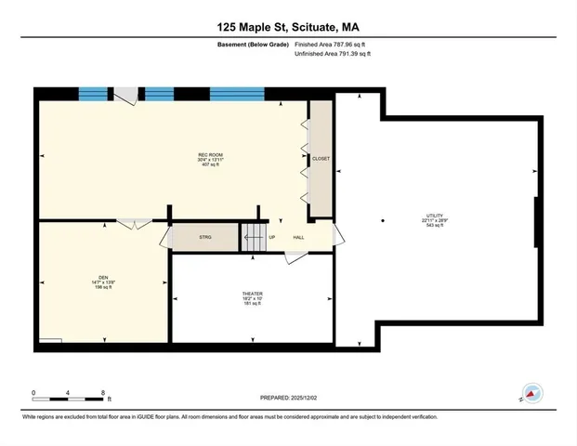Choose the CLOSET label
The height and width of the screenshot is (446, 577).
[x=321, y=159]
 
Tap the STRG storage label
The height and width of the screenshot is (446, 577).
[x=205, y=237]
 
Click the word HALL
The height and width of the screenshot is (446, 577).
[x=299, y=237]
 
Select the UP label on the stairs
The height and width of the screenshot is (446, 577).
[x=272, y=237]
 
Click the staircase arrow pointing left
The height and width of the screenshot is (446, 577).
[x=250, y=237]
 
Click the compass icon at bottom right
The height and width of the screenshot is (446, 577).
[x=532, y=394]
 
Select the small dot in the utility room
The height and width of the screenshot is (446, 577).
[x=383, y=220]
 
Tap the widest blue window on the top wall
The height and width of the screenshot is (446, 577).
[x=235, y=93]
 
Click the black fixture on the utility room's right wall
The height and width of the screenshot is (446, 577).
[x=536, y=221]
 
